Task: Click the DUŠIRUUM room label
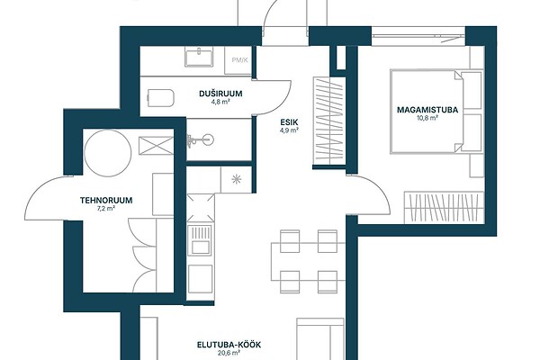coord(220,94)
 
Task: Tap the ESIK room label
coord(289,122)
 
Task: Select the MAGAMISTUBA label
coord(427,110)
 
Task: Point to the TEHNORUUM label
coord(106,200)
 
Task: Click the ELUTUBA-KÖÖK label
coord(229,345)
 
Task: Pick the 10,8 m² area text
coord(427,118)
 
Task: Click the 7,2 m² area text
coord(106,208)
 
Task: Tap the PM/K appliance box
coord(239,60)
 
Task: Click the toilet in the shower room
coord(160,98)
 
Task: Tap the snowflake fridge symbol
coord(236,179)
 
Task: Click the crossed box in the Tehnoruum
coord(156,146)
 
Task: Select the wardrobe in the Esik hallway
coord(329,122)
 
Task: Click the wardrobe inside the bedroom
coord(444,207)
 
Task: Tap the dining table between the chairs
coord(308,261)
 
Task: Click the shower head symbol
coord(201,139)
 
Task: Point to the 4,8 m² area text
coord(220,102)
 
